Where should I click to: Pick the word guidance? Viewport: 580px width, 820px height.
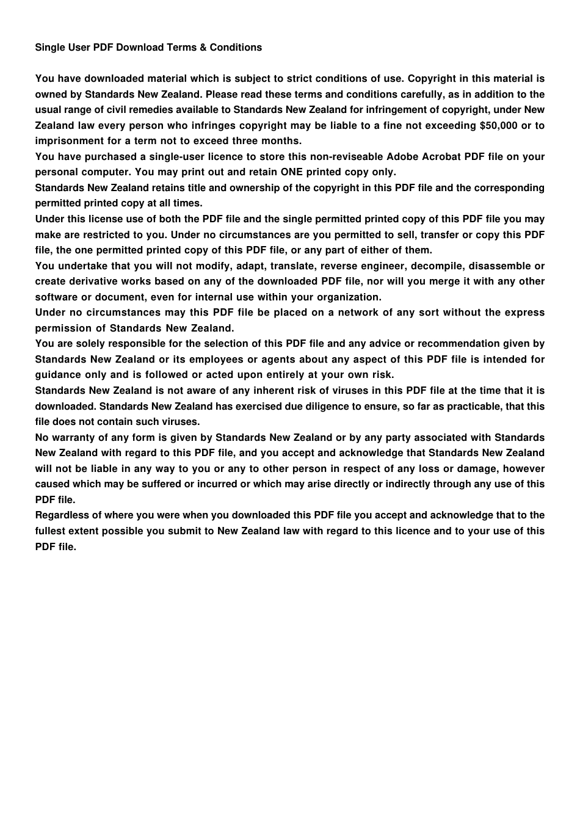tap(57, 375)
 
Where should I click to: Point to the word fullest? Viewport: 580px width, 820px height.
tap(51, 531)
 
